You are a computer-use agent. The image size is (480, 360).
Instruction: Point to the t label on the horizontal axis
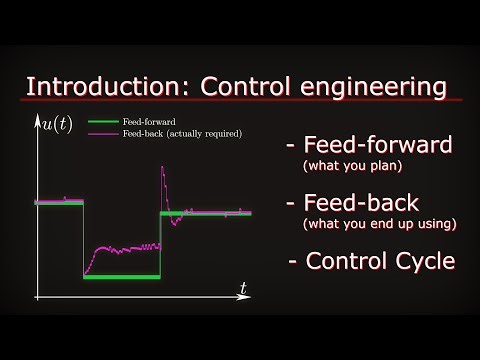243,288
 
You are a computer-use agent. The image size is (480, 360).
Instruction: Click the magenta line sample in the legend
103,132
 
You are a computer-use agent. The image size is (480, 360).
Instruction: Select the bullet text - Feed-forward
368,144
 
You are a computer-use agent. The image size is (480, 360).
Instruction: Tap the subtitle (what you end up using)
378,224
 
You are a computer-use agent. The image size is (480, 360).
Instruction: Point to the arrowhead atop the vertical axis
37,116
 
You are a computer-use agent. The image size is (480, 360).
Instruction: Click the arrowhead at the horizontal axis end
251,297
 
